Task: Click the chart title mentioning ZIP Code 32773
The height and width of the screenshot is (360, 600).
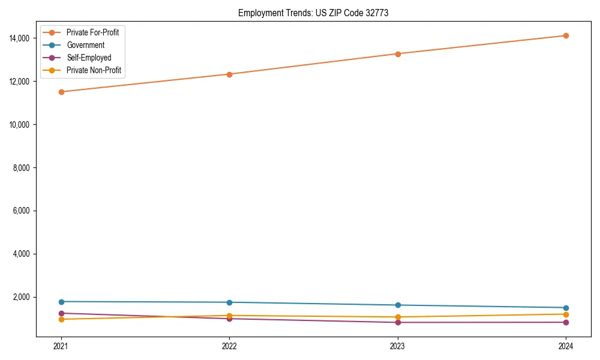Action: click(x=313, y=13)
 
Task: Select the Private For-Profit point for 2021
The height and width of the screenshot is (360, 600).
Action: click(x=61, y=92)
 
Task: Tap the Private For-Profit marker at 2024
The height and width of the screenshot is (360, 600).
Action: click(x=566, y=35)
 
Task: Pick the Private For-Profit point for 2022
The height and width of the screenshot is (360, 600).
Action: click(x=229, y=74)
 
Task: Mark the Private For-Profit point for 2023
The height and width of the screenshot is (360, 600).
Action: click(x=397, y=54)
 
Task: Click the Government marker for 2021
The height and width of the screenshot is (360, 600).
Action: click(x=61, y=302)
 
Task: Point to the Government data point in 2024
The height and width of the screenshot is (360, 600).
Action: click(x=566, y=308)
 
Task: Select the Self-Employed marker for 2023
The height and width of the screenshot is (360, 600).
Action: click(x=397, y=322)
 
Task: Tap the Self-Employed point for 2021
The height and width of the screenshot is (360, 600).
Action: click(x=61, y=313)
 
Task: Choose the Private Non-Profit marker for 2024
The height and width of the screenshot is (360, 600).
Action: click(x=566, y=314)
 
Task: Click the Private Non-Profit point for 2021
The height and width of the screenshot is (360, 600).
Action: click(x=61, y=319)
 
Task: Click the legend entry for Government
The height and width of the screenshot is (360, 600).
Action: click(x=86, y=45)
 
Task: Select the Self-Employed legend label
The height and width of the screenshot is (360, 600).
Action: click(x=89, y=58)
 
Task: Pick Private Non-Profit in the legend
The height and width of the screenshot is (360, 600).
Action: click(x=94, y=70)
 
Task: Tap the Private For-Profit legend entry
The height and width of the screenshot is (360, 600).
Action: click(x=93, y=32)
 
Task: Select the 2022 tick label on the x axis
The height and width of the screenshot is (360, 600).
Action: click(x=229, y=346)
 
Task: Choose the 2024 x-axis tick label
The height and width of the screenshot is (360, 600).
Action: click(x=566, y=346)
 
